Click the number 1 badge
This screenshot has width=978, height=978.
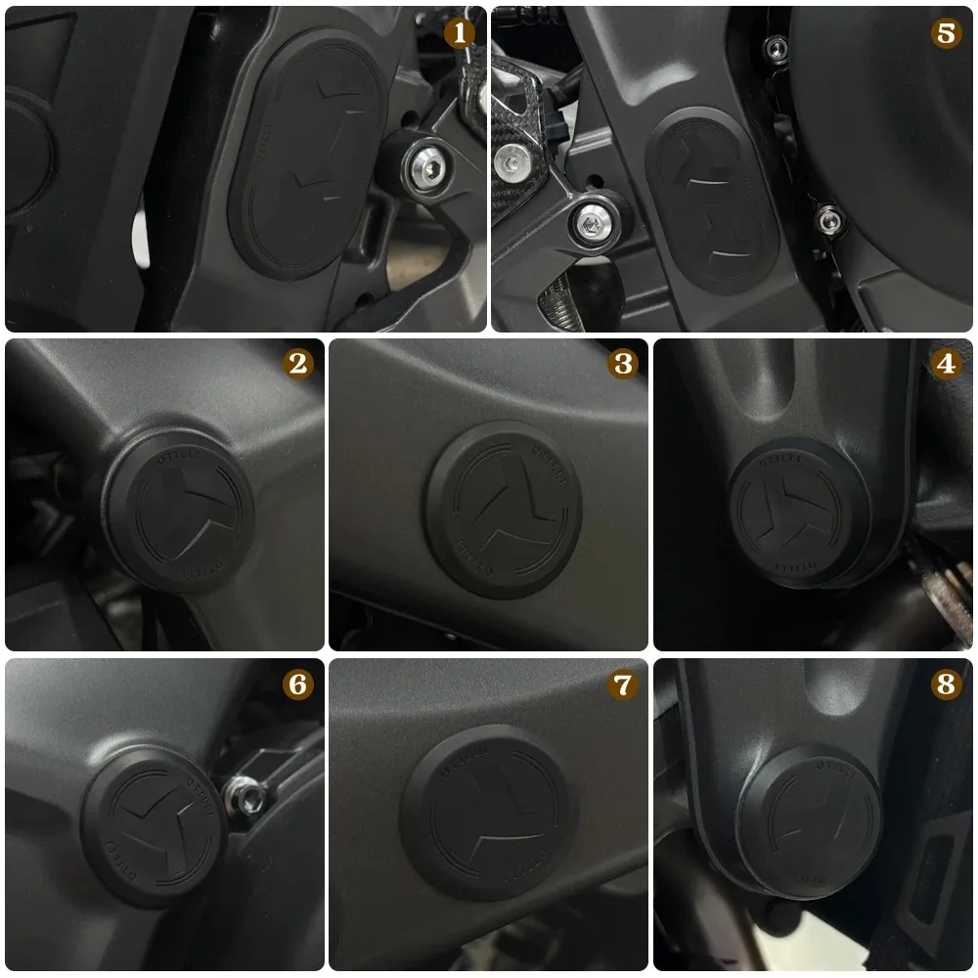click(459, 32)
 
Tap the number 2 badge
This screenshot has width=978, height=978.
click(297, 364)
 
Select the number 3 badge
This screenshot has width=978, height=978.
click(622, 364)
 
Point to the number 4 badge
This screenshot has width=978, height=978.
click(945, 364)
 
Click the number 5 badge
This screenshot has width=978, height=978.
click(945, 32)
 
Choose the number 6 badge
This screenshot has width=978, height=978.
click(297, 685)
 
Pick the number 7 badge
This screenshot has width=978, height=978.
click(622, 685)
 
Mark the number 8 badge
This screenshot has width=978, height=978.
click(945, 685)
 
